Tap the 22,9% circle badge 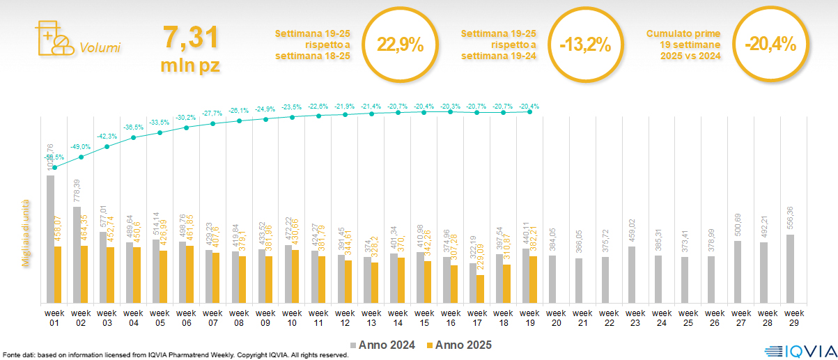400,46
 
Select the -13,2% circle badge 584,46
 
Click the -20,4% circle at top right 770,45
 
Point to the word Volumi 100,48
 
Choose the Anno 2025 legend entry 460,345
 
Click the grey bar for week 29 790,269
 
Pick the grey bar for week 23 631,274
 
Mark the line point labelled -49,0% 81,157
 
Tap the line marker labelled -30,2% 187,127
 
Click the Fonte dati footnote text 174,355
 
